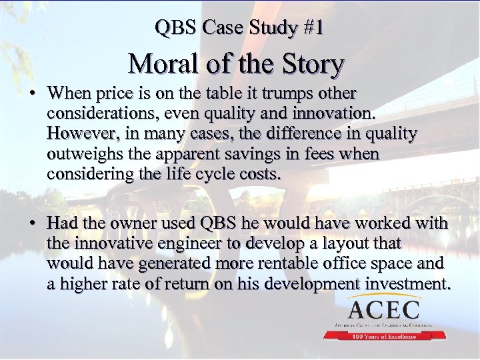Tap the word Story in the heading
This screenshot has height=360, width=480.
click(x=312, y=65)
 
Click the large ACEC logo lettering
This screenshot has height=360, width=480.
click(x=383, y=309)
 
